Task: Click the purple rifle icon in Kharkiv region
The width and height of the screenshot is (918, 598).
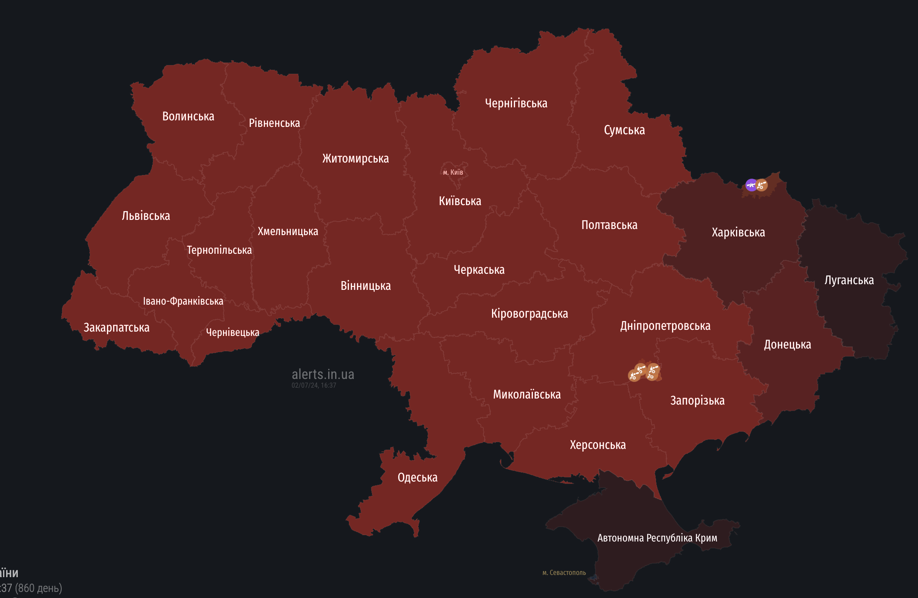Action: [x=751, y=185]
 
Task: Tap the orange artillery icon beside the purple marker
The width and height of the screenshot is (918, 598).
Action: [x=762, y=185]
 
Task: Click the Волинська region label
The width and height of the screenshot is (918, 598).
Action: [x=188, y=116]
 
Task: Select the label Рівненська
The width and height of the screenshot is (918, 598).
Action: [x=274, y=123]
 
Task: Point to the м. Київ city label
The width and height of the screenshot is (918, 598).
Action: [x=453, y=172]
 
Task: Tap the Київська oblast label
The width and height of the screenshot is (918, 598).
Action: [x=460, y=201]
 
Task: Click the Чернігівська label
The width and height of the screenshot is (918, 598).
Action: [x=516, y=103]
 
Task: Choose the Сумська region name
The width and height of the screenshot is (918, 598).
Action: [x=624, y=130]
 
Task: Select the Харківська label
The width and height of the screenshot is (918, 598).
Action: [x=738, y=233]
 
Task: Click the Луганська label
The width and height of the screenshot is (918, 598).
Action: [x=849, y=280]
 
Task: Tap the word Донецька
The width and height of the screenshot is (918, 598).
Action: [x=787, y=345]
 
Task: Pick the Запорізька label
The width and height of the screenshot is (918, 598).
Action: [x=697, y=400]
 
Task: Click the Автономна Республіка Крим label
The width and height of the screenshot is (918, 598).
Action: [x=657, y=538]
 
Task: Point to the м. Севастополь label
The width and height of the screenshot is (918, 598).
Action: [x=564, y=573]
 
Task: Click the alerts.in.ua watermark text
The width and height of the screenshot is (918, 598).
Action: [x=323, y=374]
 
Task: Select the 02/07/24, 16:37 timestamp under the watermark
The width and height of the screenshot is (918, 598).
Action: [x=314, y=385]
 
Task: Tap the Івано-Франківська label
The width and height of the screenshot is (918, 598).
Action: [x=183, y=301]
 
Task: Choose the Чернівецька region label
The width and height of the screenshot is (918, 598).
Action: [x=233, y=332]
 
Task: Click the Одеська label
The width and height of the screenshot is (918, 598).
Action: [x=417, y=478]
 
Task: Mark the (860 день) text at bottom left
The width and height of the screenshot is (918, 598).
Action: [x=38, y=588]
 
